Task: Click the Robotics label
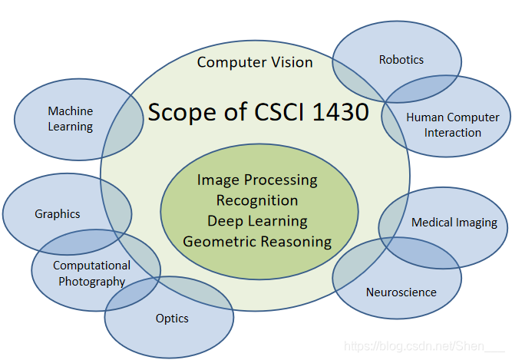401,59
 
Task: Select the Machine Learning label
70,119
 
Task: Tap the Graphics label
58,214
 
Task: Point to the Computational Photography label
91,273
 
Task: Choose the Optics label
172,318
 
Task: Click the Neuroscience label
401,292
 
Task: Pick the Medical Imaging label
454,223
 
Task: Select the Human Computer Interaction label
453,124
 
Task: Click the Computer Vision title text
255,62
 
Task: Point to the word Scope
181,112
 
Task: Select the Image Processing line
257,180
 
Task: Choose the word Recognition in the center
257,200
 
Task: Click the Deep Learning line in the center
257,221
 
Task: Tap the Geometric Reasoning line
257,242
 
